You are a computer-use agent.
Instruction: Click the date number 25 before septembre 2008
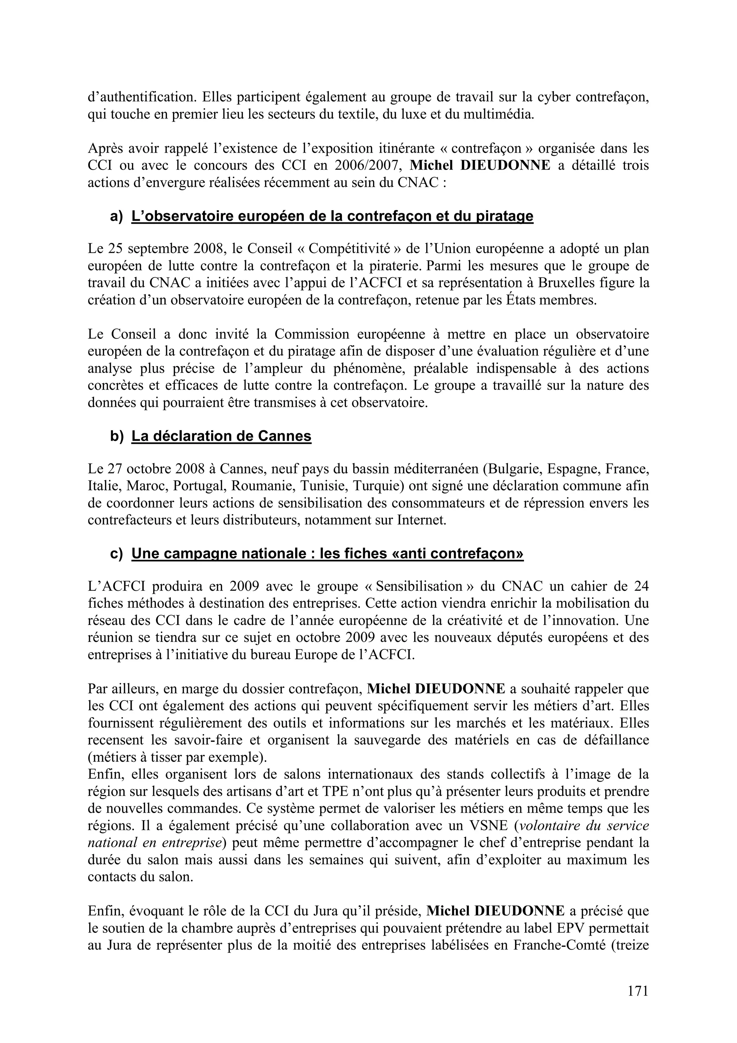(x=116, y=249)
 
